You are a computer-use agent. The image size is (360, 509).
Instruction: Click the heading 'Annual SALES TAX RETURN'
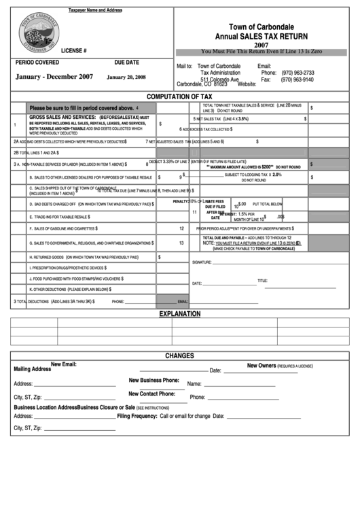261,36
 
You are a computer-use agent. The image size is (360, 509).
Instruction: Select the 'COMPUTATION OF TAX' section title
179,97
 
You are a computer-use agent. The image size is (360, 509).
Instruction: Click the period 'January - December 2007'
54,77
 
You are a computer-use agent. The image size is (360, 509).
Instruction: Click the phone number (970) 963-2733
298,73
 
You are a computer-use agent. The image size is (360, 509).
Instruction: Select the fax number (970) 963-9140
298,80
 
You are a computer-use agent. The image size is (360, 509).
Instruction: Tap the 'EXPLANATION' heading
179,314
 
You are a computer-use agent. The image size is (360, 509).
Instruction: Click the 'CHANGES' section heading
179,355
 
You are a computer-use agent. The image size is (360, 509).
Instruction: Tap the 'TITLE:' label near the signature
262,281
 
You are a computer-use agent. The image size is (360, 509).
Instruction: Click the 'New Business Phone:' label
154,380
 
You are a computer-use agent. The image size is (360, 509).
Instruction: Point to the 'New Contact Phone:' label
152,393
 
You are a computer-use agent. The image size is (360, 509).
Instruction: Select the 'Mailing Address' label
32,369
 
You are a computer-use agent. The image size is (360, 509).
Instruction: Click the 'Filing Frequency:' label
137,415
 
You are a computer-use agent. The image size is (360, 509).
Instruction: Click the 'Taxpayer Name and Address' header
96,10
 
